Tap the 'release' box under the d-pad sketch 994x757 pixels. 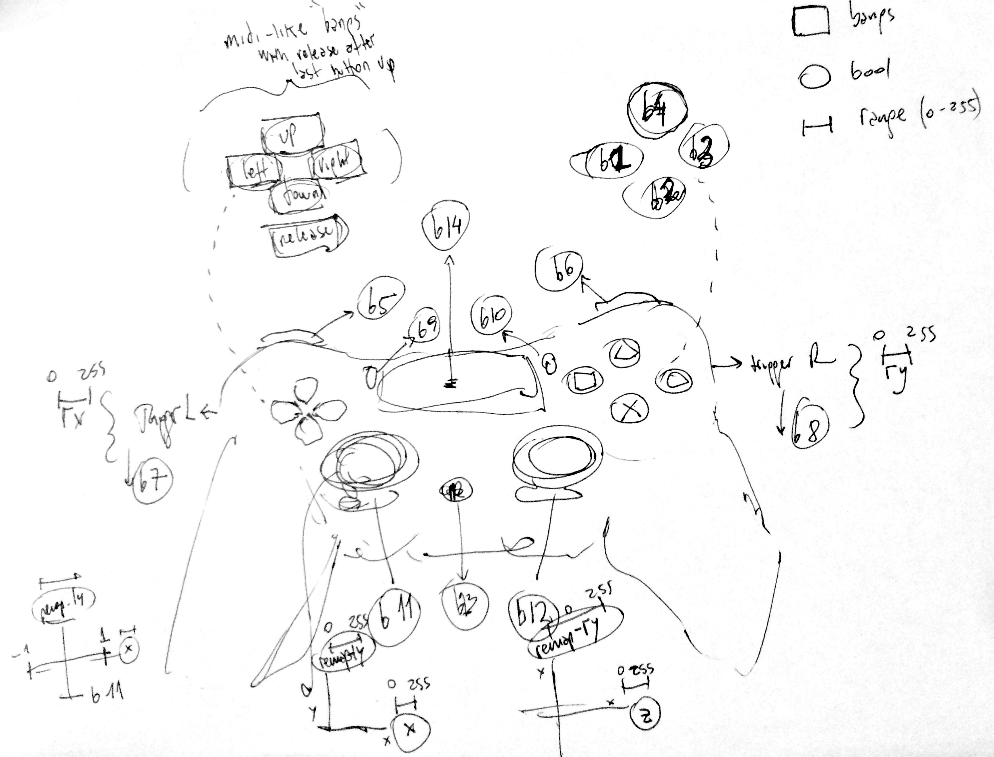(307, 236)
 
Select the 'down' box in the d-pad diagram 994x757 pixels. (298, 197)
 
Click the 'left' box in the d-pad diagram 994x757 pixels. (252, 170)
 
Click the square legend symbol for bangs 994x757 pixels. (810, 22)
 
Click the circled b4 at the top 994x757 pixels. (657, 111)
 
